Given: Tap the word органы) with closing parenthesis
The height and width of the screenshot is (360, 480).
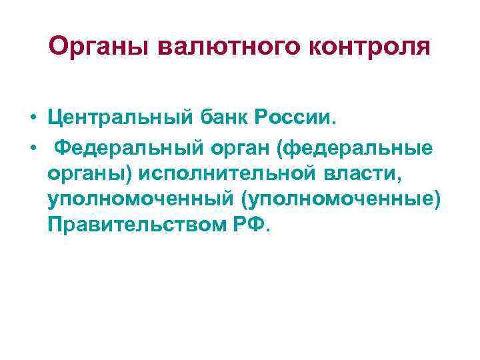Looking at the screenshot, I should coord(90,175).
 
